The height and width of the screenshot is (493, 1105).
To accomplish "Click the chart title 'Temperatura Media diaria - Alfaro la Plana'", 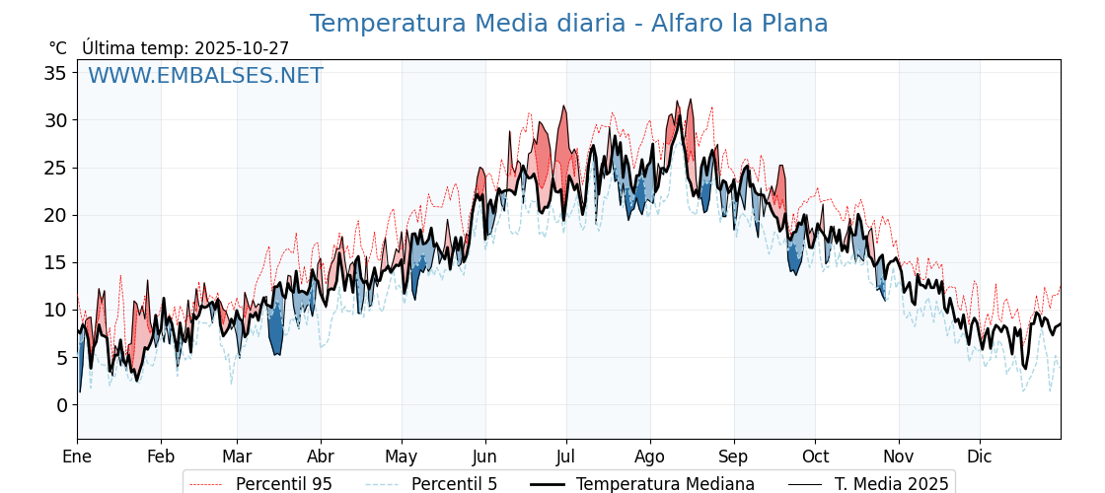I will [568, 24].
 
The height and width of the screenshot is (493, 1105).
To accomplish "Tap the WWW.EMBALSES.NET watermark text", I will [205, 76].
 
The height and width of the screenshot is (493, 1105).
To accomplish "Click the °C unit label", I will [58, 48].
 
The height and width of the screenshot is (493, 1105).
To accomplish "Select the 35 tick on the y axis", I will [55, 73].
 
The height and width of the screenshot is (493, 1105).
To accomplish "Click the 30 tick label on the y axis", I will [55, 120].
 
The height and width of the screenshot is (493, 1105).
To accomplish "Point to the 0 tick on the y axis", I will [60, 405].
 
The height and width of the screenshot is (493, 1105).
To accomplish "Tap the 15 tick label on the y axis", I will [55, 262].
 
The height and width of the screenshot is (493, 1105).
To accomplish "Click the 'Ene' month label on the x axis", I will [77, 457].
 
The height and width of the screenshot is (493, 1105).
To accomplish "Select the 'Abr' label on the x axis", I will [321, 457].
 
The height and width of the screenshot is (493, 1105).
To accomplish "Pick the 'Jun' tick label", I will [484, 457].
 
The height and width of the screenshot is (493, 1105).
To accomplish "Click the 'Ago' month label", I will [650, 457].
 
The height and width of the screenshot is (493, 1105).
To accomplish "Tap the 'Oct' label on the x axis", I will [815, 457].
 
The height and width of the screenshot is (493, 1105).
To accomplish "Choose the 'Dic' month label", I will [980, 457].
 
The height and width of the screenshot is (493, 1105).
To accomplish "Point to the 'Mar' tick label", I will [237, 457].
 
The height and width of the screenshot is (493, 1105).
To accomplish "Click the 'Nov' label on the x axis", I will [899, 457].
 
